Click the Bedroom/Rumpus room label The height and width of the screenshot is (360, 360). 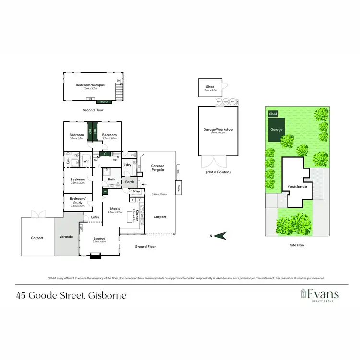(x=90, y=85)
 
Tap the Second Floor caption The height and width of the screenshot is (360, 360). (x=93, y=110)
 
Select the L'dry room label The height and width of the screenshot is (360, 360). (x=127, y=165)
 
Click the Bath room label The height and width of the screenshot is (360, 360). (x=111, y=180)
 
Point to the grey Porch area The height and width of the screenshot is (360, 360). (x=129, y=182)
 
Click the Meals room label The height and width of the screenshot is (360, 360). (x=115, y=209)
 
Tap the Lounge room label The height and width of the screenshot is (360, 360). (x=100, y=239)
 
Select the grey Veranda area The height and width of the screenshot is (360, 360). (x=66, y=237)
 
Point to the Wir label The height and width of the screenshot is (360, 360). (x=87, y=162)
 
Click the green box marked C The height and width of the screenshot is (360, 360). (x=105, y=154)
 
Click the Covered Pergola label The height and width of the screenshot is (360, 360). (x=157, y=168)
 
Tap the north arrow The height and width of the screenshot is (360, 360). (x=220, y=235)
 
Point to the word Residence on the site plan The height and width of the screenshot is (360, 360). (x=297, y=186)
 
